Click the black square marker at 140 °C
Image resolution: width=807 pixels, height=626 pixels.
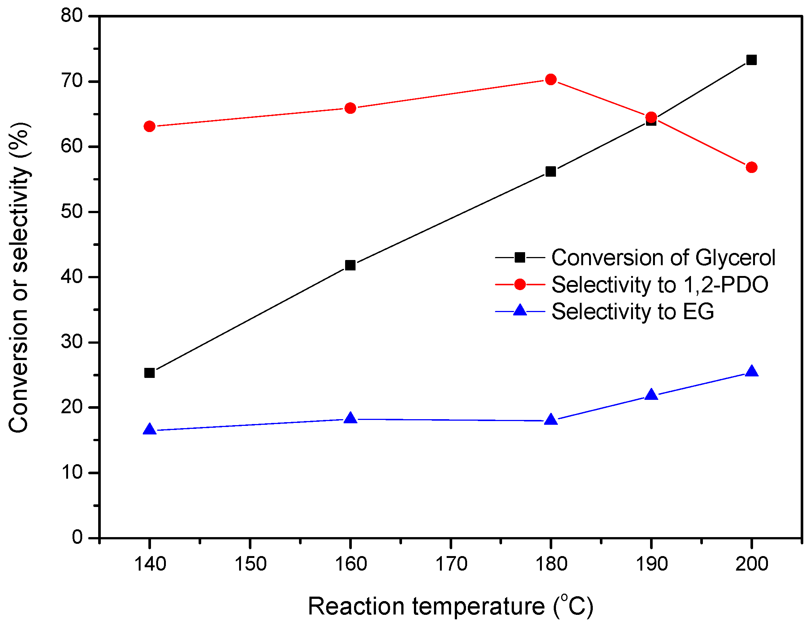click(x=149, y=373)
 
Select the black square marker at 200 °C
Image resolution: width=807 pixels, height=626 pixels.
click(x=752, y=60)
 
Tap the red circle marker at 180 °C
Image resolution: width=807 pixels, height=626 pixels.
click(x=551, y=80)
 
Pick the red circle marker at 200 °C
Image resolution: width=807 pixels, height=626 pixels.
click(x=752, y=167)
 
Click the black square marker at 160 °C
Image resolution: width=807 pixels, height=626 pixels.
click(x=350, y=266)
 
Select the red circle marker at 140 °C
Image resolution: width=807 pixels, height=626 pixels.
click(x=149, y=126)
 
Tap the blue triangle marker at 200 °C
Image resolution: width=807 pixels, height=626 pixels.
click(x=752, y=372)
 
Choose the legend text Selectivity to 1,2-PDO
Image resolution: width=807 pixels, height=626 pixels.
click(x=660, y=285)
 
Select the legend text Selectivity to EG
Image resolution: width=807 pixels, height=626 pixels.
click(x=632, y=311)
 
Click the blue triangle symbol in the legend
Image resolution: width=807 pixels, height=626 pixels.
click(x=520, y=310)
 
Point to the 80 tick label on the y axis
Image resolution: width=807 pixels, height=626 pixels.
click(x=71, y=16)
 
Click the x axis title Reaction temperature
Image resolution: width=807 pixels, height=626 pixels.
click(x=450, y=606)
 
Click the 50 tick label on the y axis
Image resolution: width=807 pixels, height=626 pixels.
click(x=71, y=212)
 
